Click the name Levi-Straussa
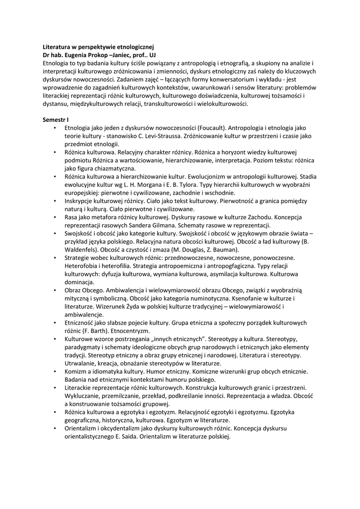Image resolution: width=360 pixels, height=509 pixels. pyautogui.click(x=151, y=136)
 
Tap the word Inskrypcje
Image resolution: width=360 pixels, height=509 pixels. pyautogui.click(x=81, y=200)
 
